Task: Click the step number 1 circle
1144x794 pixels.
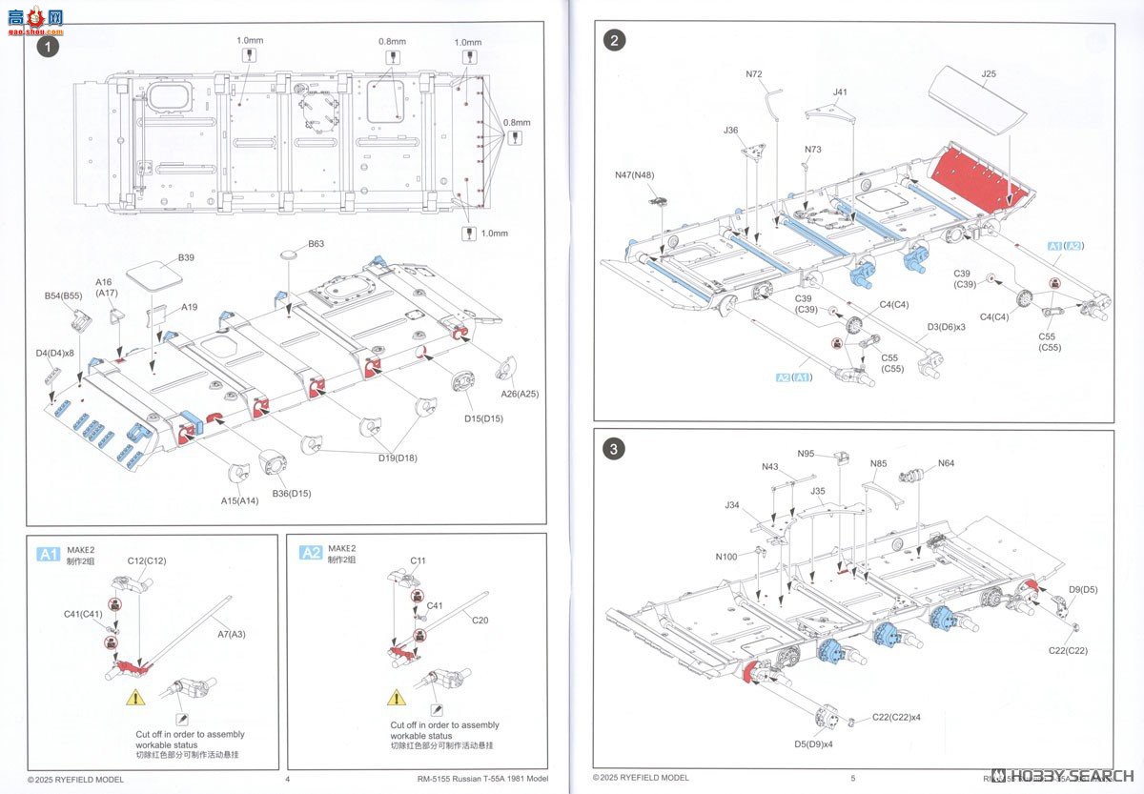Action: click(x=47, y=46)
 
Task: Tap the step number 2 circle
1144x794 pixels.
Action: click(x=616, y=39)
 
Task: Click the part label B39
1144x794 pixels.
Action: click(x=186, y=258)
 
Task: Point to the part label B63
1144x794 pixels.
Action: click(x=316, y=244)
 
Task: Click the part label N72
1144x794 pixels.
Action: click(x=754, y=73)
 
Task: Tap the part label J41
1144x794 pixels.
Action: click(x=839, y=92)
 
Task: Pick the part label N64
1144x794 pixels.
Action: click(x=946, y=463)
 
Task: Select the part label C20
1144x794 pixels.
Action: click(x=480, y=620)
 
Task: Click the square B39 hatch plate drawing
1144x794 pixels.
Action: click(x=154, y=275)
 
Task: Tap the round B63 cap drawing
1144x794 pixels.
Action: click(x=291, y=256)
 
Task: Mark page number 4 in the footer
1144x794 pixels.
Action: click(x=287, y=778)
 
